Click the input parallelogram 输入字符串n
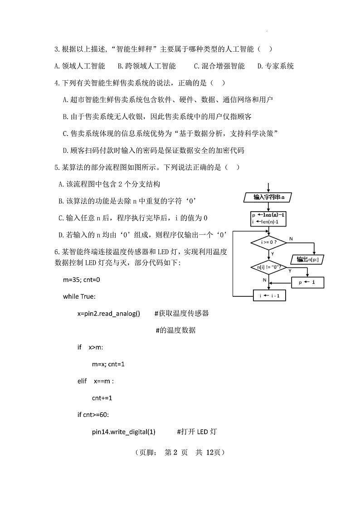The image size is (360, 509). (269, 197)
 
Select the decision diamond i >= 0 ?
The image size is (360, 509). (268, 243)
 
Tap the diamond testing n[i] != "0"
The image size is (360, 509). (268, 267)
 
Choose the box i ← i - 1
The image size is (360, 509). (269, 296)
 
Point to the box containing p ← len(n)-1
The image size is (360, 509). (269, 218)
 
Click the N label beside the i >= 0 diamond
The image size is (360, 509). (291, 239)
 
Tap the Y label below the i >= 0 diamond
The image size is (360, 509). (272, 254)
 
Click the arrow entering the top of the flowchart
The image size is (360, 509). (269, 187)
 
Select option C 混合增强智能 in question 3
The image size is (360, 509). (219, 66)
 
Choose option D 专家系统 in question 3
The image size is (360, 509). (276, 66)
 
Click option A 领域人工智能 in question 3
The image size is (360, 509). (80, 66)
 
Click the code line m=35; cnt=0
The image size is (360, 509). (82, 280)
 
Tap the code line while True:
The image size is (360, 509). (79, 296)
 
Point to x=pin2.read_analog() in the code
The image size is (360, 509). (109, 313)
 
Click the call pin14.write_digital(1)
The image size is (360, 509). (123, 431)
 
